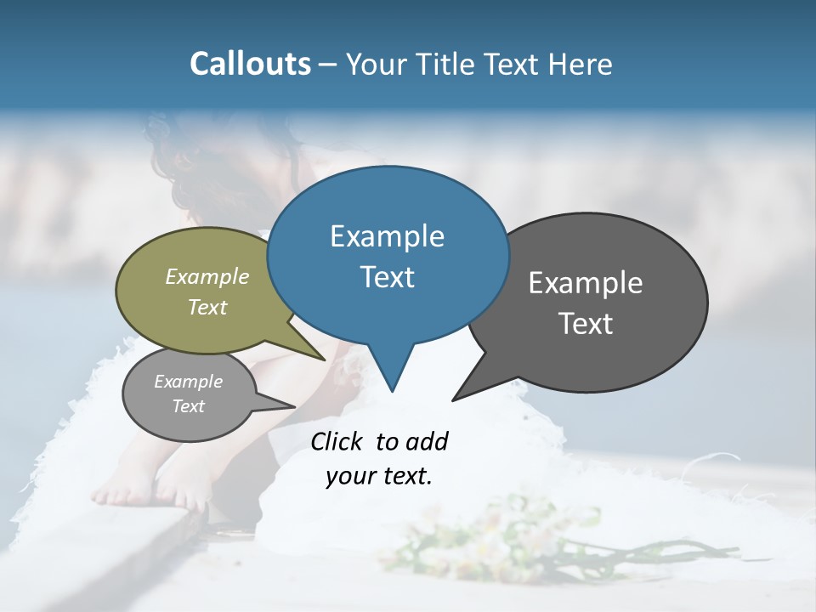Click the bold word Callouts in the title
250,64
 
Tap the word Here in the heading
581,64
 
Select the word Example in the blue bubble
387,236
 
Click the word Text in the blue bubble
387,277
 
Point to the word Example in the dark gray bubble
586,283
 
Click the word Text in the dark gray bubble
586,324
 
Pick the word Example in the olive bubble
207,276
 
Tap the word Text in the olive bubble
207,307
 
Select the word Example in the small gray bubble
188,382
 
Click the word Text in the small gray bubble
188,406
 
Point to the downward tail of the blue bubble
391,374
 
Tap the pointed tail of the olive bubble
310,350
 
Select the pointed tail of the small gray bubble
280,404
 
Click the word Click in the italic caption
337,441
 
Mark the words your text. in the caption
379,476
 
